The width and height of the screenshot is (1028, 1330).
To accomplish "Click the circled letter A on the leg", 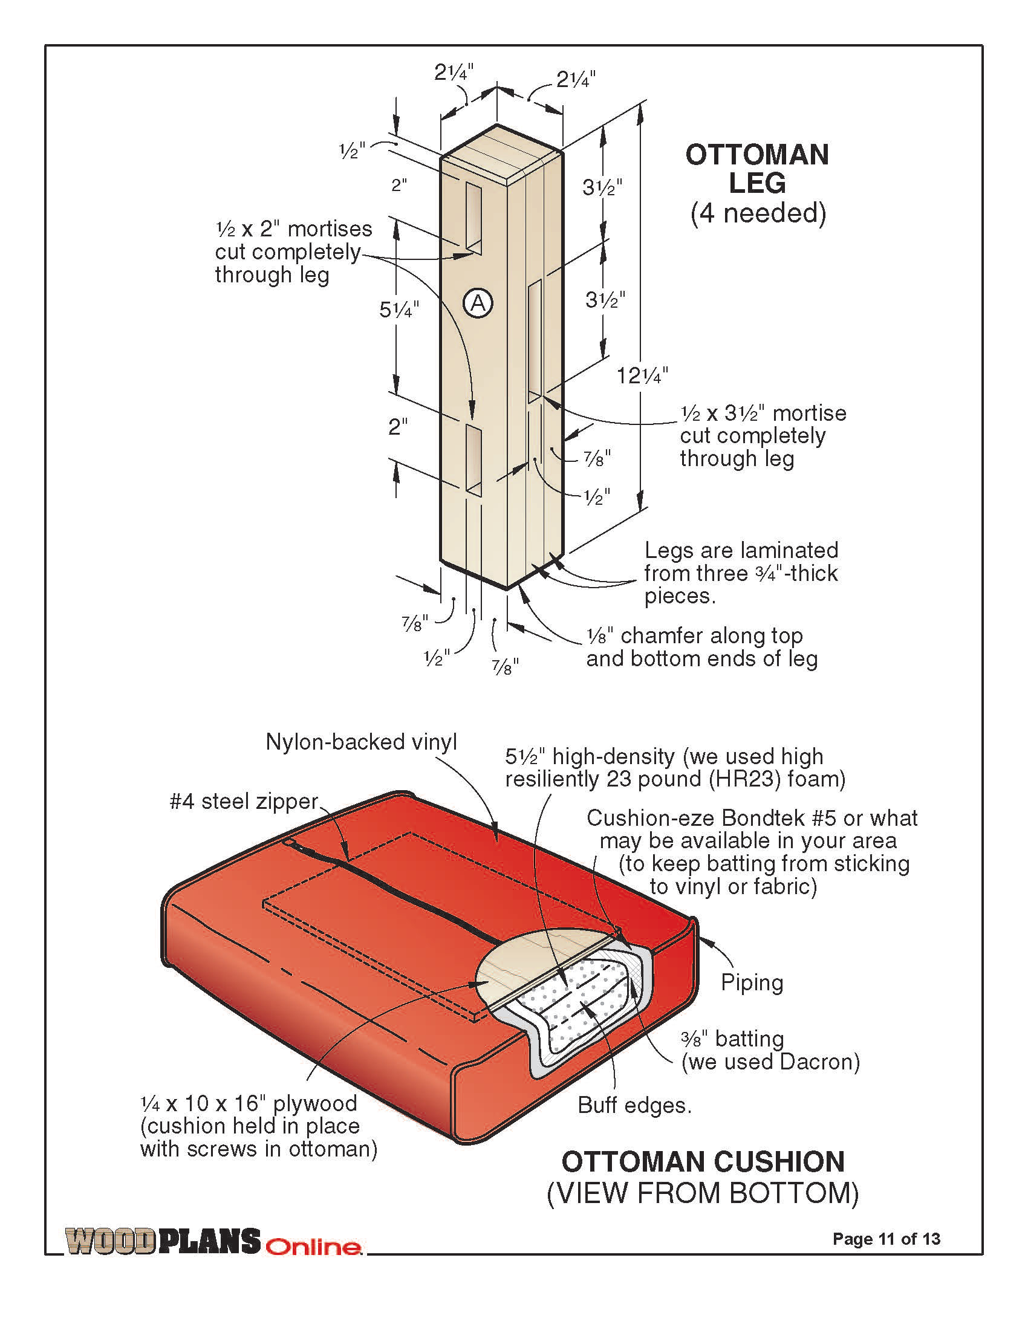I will point(478,302).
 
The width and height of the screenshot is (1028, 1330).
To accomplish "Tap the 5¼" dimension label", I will point(399,310).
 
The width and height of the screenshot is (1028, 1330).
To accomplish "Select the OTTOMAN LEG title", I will point(757,169).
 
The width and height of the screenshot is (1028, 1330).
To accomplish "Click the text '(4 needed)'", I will point(758,213).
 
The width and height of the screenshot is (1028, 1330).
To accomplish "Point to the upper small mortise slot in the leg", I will point(473,218).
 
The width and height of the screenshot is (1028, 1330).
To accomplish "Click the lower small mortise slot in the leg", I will point(473,459).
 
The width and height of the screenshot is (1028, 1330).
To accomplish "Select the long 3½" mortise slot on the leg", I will point(535,341).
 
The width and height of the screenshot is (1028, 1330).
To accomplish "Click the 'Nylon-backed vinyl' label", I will point(361,742).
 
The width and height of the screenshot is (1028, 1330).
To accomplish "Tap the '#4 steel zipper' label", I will point(244,802).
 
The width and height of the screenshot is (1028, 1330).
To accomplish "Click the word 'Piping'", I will point(752,982).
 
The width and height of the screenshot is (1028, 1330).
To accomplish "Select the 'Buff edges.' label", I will point(634,1105).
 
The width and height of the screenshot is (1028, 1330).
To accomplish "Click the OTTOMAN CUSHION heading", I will point(703,1162).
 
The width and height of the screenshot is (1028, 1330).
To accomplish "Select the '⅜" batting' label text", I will point(732,1038).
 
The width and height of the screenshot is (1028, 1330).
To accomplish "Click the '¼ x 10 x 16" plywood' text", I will point(249,1103).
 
